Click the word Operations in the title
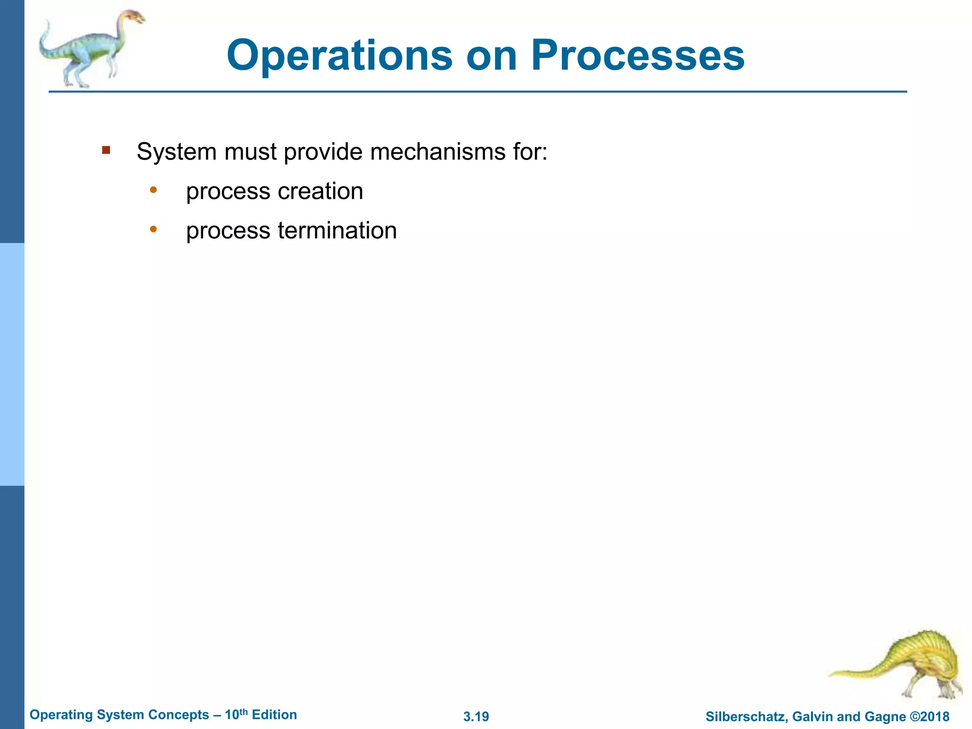pos(340,56)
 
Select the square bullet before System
pos(106,151)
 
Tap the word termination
pos(337,231)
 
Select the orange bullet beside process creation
pos(153,190)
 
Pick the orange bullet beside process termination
pos(153,230)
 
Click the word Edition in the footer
pos(274,715)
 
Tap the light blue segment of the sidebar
pos(12,364)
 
